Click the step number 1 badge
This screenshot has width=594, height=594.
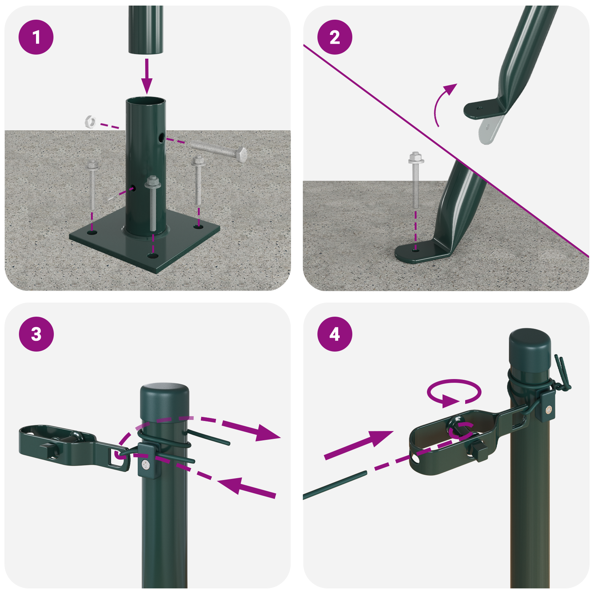click(36, 37)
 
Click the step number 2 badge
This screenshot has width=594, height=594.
click(334, 37)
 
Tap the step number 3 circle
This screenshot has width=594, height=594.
click(36, 334)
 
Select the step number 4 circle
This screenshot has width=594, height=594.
click(334, 334)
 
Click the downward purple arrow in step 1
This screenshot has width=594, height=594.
click(147, 76)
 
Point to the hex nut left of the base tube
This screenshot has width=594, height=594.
click(91, 121)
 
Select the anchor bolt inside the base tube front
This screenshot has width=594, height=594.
click(152, 204)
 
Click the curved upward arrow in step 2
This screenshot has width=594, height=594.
click(442, 104)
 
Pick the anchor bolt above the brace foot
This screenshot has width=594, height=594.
click(416, 178)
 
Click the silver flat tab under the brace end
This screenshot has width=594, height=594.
click(489, 130)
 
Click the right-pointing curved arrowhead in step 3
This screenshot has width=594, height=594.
click(267, 434)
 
